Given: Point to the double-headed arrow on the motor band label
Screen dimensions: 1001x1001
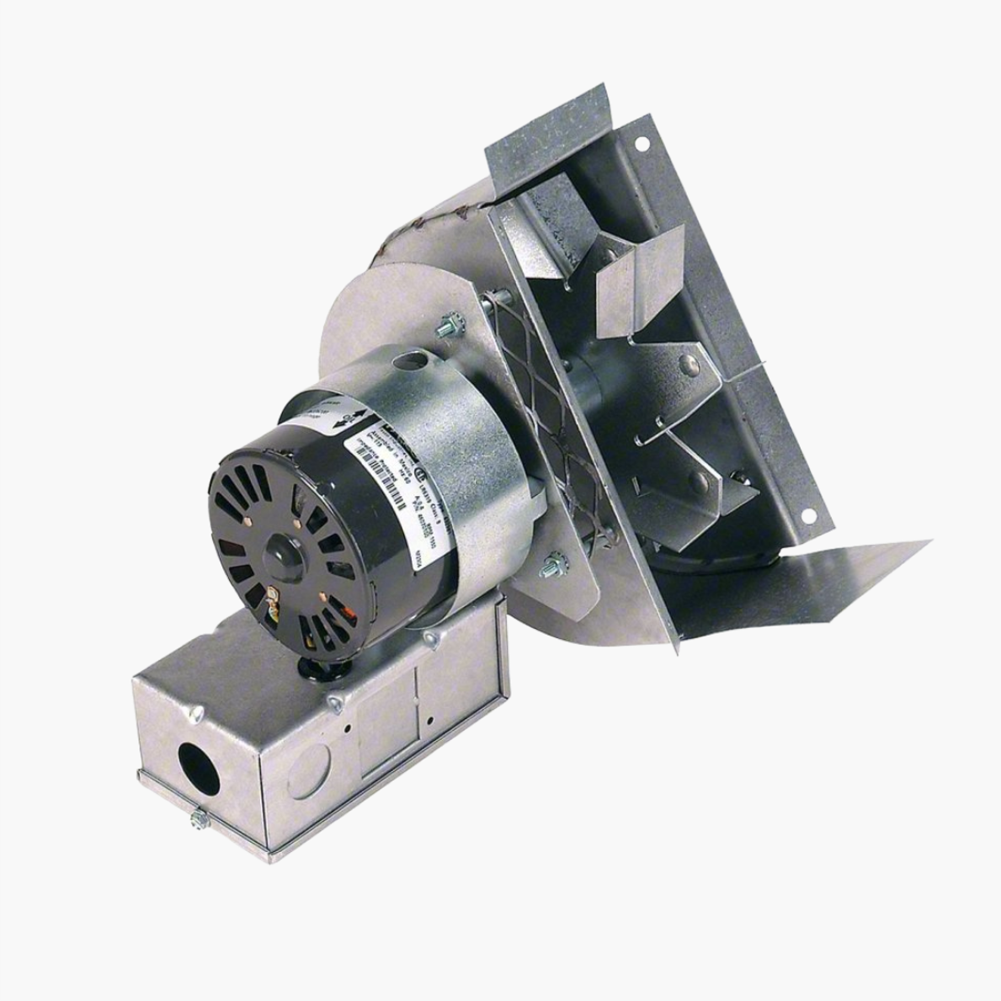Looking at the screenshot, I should coord(349,418).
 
